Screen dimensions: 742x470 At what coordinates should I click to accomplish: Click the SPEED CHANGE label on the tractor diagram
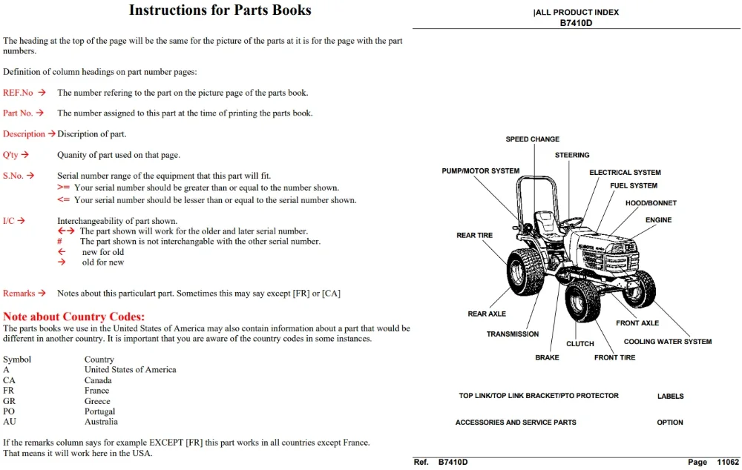click(x=532, y=139)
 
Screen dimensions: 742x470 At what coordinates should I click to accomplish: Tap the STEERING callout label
click(x=572, y=155)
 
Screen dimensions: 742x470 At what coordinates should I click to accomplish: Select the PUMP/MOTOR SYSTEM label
click(x=480, y=171)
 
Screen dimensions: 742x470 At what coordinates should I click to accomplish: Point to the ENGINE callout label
click(x=658, y=220)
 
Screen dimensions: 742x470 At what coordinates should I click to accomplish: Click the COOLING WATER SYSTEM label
click(x=667, y=342)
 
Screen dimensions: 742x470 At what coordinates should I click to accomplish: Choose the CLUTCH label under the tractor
click(x=580, y=344)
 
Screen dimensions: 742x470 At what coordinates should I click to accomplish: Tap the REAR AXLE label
click(x=487, y=314)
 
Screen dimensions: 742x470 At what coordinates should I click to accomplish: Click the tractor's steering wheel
click(x=571, y=222)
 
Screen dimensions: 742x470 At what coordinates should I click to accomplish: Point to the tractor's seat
click(x=547, y=223)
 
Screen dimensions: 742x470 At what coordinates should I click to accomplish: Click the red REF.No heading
click(x=18, y=93)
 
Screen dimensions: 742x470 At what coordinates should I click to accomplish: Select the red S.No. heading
click(x=13, y=176)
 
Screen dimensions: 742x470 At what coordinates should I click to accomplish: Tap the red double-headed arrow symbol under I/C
click(x=66, y=231)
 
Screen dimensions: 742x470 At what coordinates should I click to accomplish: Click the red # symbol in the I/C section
click(x=59, y=241)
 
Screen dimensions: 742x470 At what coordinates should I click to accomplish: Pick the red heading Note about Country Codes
click(x=73, y=317)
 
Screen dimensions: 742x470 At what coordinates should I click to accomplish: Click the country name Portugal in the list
click(x=100, y=411)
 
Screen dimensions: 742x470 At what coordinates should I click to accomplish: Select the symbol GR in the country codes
click(x=9, y=401)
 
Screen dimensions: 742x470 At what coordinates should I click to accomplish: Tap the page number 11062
click(x=728, y=462)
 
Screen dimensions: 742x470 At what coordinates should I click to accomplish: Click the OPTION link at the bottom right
click(x=669, y=423)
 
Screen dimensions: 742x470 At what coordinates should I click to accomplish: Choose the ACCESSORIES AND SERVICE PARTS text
click(x=516, y=423)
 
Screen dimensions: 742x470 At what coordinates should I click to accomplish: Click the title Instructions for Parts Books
click(x=220, y=10)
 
